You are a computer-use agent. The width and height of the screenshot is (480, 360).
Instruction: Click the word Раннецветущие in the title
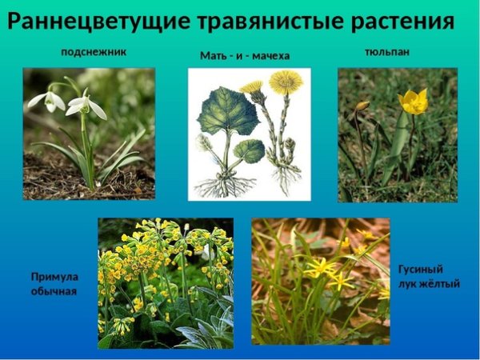coord(91,22)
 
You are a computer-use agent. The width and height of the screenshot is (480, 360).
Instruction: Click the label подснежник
coord(94,53)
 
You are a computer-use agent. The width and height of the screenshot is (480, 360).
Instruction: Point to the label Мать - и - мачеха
coord(244,56)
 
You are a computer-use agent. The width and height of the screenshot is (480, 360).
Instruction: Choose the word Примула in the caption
coord(54,277)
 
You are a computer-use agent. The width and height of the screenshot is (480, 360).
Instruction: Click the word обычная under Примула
coord(54,291)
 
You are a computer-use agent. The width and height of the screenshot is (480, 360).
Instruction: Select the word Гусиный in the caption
coord(420,270)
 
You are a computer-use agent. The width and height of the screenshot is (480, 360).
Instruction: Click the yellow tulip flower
coord(413,102)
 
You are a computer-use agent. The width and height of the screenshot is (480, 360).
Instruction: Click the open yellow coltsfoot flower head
coord(285,82)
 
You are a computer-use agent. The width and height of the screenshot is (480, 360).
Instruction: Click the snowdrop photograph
coord(88,133)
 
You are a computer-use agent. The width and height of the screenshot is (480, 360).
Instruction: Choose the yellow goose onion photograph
coord(320,281)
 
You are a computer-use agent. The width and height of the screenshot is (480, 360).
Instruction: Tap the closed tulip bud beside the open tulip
coord(362,106)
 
